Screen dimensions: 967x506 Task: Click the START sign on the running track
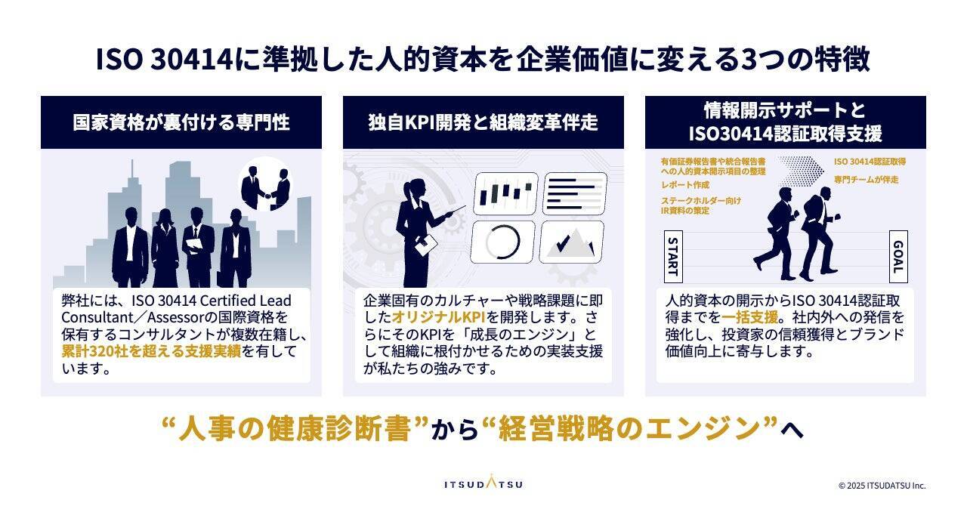(x=673, y=257)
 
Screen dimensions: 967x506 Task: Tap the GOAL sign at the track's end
(x=898, y=257)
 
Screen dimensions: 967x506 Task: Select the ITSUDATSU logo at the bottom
(x=483, y=482)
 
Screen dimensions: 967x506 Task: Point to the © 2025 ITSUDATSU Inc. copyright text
(x=882, y=486)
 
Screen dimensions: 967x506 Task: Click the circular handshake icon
(x=265, y=184)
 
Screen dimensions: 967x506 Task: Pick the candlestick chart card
(x=505, y=193)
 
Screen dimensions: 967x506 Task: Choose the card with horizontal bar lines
(x=575, y=193)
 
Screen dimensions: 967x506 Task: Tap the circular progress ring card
(x=502, y=242)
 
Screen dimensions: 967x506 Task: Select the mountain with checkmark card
(x=572, y=242)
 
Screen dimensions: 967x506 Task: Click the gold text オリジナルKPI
(x=439, y=317)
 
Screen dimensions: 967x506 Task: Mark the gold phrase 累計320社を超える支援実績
(x=151, y=351)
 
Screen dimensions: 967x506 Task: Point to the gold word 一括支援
(x=749, y=317)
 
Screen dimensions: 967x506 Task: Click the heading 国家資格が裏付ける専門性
(x=181, y=122)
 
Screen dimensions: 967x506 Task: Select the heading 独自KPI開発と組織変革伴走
(x=483, y=122)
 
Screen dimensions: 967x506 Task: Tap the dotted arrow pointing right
(x=802, y=170)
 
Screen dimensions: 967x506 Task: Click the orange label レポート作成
(x=685, y=185)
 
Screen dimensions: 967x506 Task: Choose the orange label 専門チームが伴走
(x=866, y=180)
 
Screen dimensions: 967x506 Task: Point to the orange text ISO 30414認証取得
(x=870, y=162)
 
